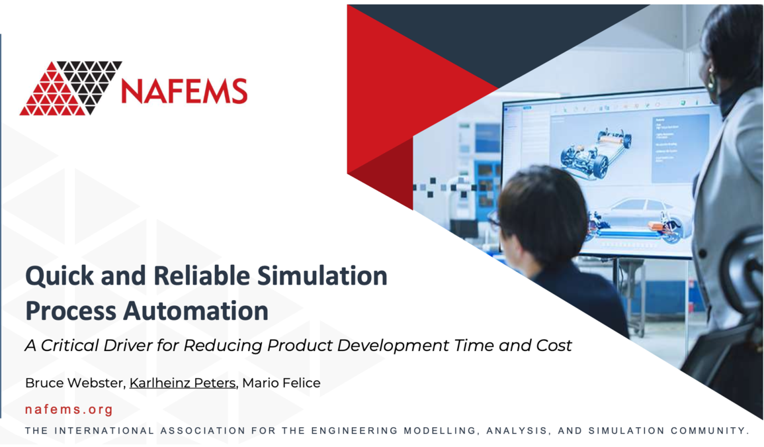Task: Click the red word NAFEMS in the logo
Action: tap(184, 91)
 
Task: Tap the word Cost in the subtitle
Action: tap(554, 345)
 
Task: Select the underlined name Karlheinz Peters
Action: tap(183, 383)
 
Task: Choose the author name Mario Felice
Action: tap(281, 383)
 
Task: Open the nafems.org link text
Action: tap(69, 409)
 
